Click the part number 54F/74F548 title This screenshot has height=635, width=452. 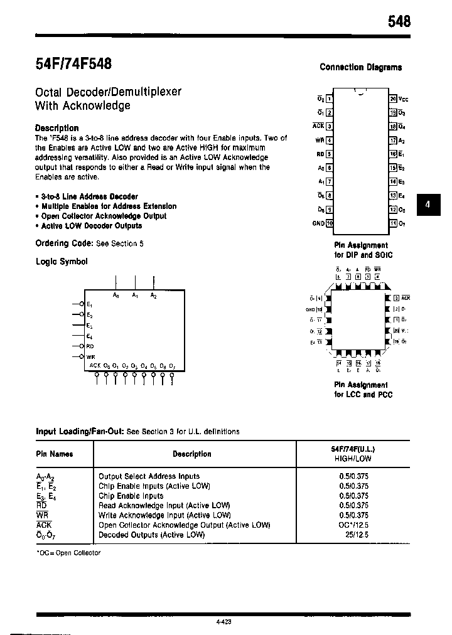(73, 64)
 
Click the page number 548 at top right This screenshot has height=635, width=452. (398, 21)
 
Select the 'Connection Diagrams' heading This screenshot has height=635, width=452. (361, 67)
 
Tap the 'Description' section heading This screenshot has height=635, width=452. (56, 128)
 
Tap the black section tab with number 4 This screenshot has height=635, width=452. (428, 205)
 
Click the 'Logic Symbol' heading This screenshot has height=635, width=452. (62, 262)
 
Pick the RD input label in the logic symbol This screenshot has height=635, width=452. (90, 346)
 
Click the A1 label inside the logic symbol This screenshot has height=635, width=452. (135, 296)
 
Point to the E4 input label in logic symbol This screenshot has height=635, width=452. (90, 336)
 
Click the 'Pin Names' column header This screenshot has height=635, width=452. (55, 454)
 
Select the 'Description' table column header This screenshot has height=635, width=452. (192, 454)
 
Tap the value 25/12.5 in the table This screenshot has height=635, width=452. (357, 535)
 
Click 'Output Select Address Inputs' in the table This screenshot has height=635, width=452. (149, 476)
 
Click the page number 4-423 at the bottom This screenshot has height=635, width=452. (223, 621)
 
